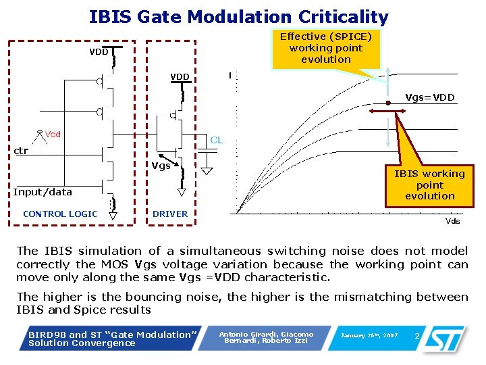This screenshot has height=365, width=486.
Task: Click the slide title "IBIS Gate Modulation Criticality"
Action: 238,17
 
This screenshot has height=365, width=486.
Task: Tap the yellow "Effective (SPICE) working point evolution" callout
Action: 325,48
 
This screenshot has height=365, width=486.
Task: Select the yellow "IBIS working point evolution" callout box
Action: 429,185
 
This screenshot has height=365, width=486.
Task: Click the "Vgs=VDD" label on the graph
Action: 429,97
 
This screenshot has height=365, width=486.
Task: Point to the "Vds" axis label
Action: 452,221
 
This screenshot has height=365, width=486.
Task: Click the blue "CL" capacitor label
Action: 216,140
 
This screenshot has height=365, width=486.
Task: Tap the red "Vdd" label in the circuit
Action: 53,135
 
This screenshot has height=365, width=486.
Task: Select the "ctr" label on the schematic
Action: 22,151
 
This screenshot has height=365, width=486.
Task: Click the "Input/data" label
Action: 43,192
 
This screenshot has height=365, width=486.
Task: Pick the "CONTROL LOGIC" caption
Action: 60,214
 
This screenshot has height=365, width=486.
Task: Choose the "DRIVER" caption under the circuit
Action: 170,214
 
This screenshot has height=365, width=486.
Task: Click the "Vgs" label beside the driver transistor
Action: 161,166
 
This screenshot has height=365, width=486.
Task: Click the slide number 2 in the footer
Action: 417,336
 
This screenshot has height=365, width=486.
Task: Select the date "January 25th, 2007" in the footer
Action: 369,336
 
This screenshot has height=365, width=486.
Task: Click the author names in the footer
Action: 266,337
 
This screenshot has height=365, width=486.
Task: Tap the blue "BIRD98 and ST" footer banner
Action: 111,339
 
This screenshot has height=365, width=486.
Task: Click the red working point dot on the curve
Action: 388,103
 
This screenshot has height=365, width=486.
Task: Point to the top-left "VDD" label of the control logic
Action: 99,52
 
